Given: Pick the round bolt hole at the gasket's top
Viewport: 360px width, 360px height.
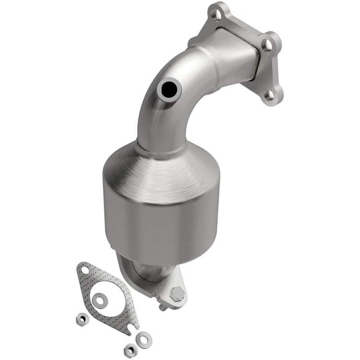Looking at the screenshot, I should click(x=84, y=270).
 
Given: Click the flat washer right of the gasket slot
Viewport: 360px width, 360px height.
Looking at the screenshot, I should click(x=144, y=338).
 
